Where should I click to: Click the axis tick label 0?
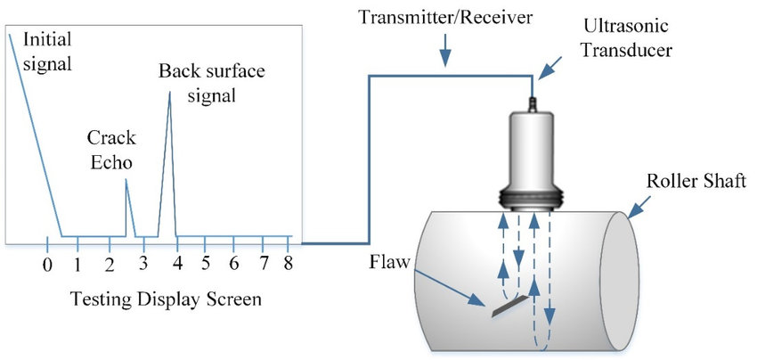47,265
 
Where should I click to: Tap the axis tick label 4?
176,265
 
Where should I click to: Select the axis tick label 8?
289,265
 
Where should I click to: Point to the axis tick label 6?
233,265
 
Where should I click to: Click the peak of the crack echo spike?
126,180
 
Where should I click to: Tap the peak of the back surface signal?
169,93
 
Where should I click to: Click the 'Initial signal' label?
45,52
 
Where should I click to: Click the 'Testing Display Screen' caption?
168,299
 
